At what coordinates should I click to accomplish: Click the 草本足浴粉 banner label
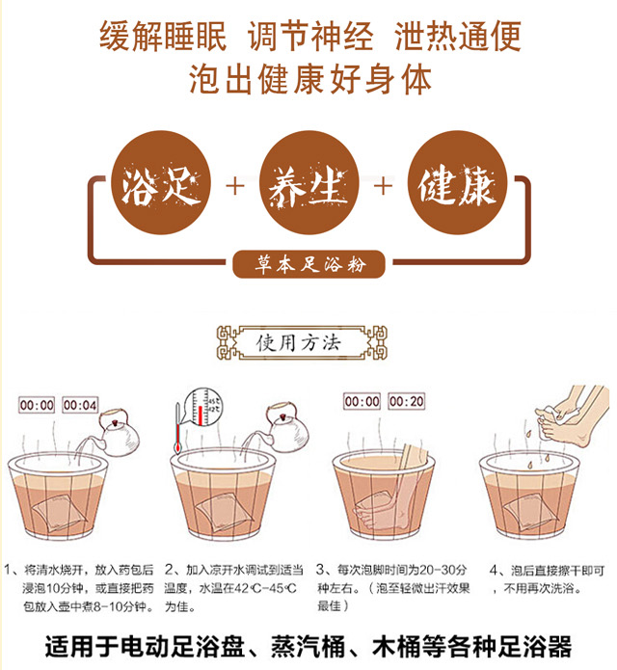[x=308, y=264]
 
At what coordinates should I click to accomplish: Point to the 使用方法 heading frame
[x=302, y=342]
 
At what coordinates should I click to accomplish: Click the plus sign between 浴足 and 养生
[x=235, y=186]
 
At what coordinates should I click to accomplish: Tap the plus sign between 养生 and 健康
[x=384, y=186]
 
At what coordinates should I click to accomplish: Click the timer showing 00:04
[x=80, y=405]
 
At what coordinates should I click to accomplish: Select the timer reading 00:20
[x=406, y=401]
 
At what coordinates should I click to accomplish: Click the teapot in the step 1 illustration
[x=118, y=433]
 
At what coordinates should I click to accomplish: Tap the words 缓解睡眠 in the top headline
[x=163, y=37]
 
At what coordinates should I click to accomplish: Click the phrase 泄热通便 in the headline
[x=458, y=37]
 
